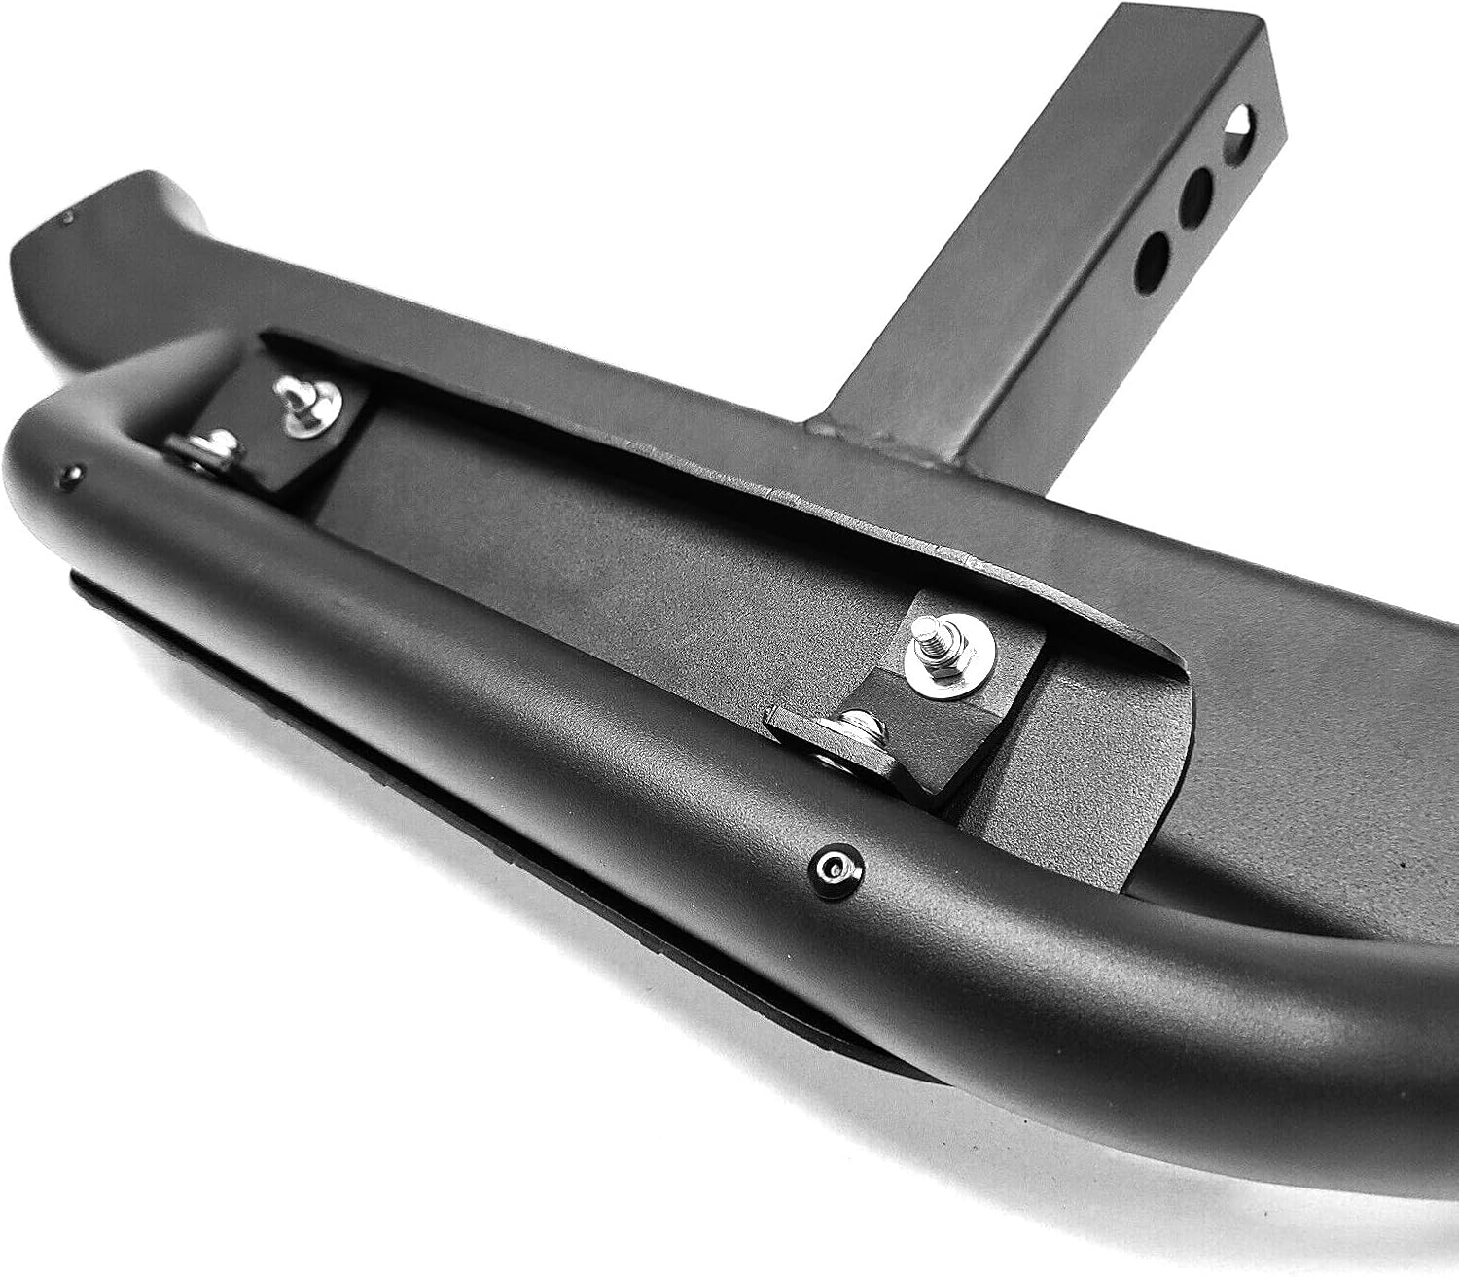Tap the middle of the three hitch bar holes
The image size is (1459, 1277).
(x=1197, y=191)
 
